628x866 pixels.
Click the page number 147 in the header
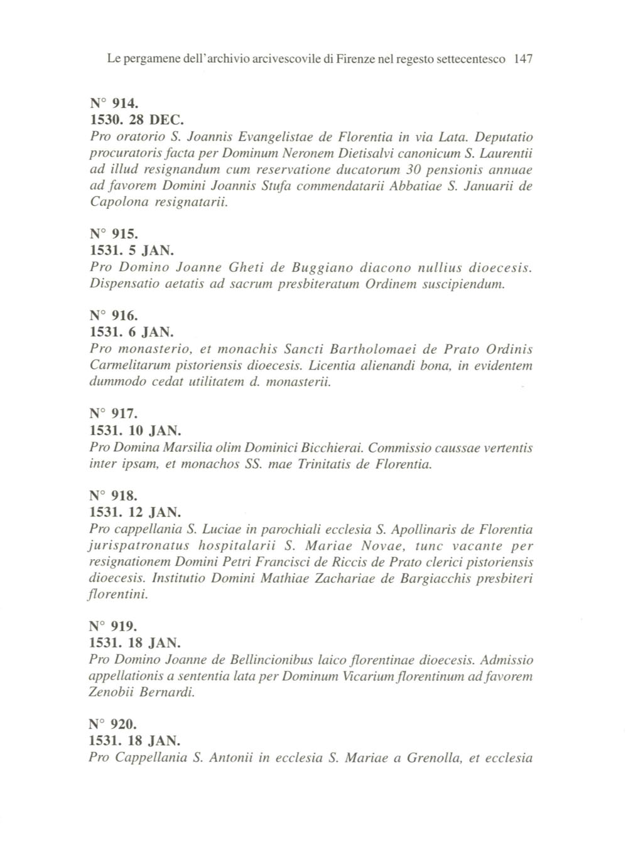[522, 60]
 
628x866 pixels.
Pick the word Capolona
[120, 203]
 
